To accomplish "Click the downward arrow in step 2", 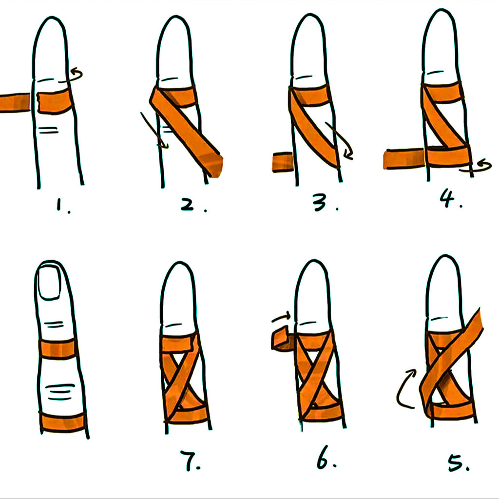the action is point(154,130).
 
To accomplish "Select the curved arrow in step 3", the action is point(342,139).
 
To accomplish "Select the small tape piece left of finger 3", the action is point(283,162).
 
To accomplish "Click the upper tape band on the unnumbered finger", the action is point(58,348).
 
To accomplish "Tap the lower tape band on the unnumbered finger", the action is point(63,422).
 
